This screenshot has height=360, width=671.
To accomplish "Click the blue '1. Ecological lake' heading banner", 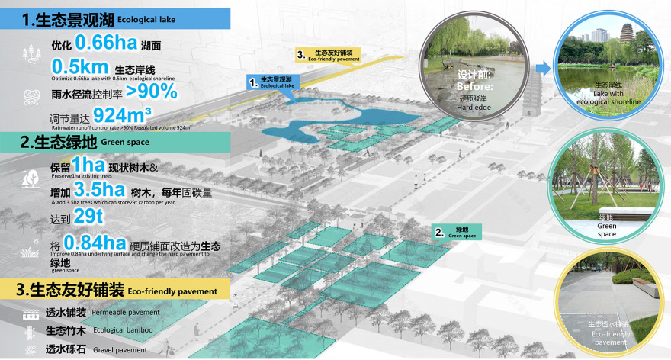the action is tap(114, 19).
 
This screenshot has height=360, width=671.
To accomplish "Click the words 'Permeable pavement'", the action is tap(126, 313).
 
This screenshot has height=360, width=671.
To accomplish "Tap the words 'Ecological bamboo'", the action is tap(123, 331).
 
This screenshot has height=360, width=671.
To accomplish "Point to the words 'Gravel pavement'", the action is tap(120, 350).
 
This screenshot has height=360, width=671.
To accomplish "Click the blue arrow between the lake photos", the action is tap(544, 69).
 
